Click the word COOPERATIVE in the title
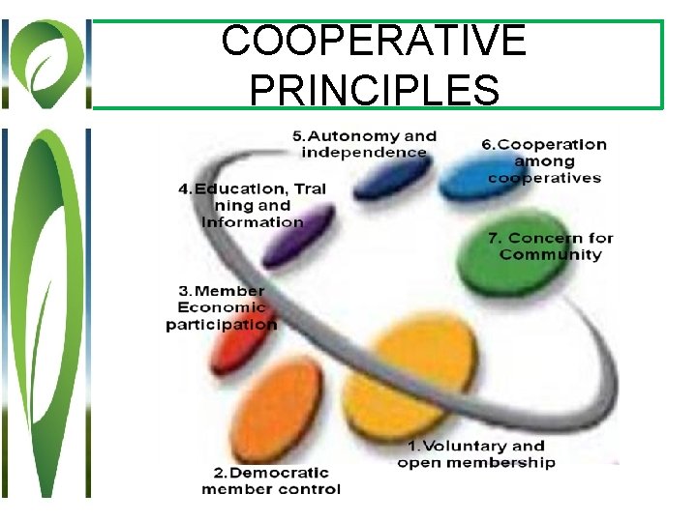(x=374, y=43)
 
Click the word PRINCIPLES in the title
(x=374, y=88)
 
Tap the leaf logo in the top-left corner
(x=45, y=64)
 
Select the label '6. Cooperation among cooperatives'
(x=544, y=160)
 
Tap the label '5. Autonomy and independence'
(x=364, y=144)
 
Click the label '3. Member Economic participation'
(x=222, y=307)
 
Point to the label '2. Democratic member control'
(x=271, y=480)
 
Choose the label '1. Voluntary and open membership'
(x=476, y=453)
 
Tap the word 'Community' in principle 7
(x=551, y=255)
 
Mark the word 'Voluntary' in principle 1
(x=464, y=446)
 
